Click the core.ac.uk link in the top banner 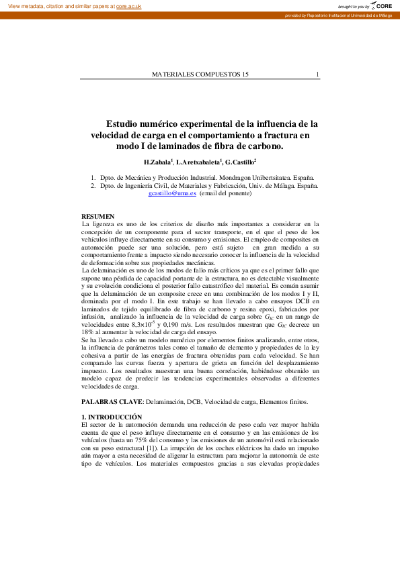pyautogui.click(x=130, y=5)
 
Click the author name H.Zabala pyautogui.click(x=158, y=162)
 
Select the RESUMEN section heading pyautogui.click(x=95, y=216)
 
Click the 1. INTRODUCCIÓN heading pyautogui.click(x=111, y=417)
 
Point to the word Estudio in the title pyautogui.click(x=128, y=123)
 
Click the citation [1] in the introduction pyautogui.click(x=152, y=447)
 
